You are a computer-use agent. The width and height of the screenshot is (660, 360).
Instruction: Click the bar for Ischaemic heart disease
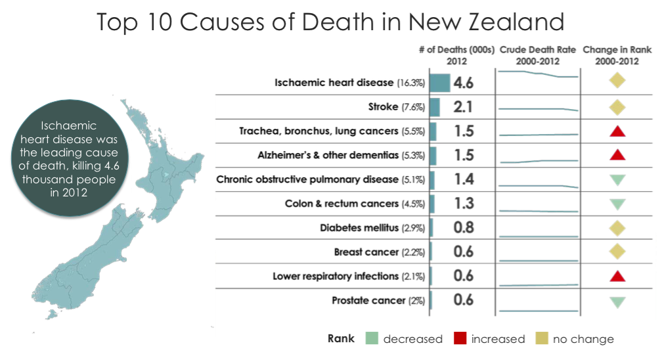[x=439, y=83]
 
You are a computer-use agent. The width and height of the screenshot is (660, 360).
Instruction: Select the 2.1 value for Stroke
[x=463, y=107]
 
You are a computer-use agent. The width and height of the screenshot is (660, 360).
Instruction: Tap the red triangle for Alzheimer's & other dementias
[x=617, y=155]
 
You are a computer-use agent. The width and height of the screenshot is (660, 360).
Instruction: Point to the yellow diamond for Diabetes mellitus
[x=617, y=228]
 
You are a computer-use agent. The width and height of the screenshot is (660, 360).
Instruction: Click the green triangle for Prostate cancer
[x=617, y=302]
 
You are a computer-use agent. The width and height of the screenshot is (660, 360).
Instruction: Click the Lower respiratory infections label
[x=336, y=276]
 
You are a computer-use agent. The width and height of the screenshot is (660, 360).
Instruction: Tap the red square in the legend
[x=460, y=339]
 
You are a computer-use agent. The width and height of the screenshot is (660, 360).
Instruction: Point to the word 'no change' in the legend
[x=583, y=339]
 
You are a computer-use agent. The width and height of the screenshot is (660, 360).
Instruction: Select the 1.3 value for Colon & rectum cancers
[x=463, y=204]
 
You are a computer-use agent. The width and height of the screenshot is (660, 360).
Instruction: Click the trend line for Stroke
[x=537, y=108]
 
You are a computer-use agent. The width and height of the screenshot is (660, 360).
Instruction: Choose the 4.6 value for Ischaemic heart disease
[x=463, y=83]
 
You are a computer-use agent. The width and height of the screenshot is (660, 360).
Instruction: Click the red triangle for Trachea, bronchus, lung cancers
[x=617, y=131]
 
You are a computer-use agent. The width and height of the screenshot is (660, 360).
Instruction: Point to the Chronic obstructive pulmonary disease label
[x=307, y=179]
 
